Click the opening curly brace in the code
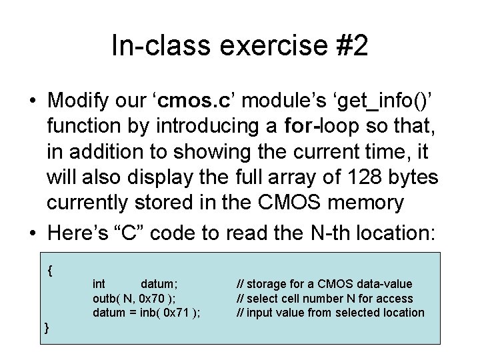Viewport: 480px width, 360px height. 51,271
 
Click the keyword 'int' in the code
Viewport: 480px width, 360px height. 99,285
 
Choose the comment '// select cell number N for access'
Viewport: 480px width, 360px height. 325,299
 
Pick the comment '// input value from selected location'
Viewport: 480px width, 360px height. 331,313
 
